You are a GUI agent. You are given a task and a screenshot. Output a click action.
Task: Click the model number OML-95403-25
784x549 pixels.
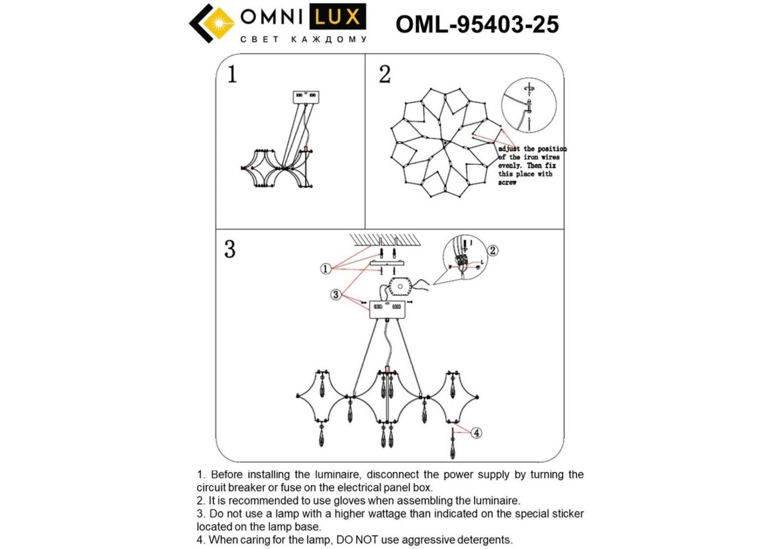[x=477, y=24]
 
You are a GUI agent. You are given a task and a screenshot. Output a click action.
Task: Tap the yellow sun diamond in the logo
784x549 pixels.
[x=221, y=23]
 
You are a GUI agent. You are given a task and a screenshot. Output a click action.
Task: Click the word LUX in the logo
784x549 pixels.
[x=338, y=17]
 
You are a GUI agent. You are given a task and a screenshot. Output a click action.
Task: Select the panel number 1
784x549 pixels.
[x=232, y=74]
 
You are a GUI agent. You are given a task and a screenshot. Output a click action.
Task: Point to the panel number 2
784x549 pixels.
[x=385, y=74]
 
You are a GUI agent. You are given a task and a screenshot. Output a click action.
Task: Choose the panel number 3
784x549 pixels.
[x=229, y=249]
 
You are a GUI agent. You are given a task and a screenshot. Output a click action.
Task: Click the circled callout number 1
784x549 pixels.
[x=325, y=269]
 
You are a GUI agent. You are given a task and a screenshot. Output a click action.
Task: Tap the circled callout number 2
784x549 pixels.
[x=492, y=250]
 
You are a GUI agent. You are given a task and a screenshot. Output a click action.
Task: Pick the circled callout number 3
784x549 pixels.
[x=336, y=295]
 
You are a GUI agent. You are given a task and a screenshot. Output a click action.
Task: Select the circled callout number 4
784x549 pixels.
[x=476, y=432]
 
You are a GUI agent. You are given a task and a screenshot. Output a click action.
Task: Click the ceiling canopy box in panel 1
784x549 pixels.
[x=306, y=97]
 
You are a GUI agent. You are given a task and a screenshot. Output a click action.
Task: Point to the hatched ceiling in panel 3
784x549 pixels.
[x=385, y=239]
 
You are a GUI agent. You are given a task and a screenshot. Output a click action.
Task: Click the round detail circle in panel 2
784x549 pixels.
[x=529, y=105]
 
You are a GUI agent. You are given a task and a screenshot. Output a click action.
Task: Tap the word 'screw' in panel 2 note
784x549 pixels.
[x=507, y=183]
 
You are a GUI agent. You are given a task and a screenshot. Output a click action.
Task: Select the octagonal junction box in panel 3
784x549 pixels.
[x=400, y=287]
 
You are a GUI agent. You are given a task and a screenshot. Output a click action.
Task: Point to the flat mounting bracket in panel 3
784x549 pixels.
[x=387, y=264]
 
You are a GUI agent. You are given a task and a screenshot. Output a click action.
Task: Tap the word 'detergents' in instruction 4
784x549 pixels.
[x=485, y=540]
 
